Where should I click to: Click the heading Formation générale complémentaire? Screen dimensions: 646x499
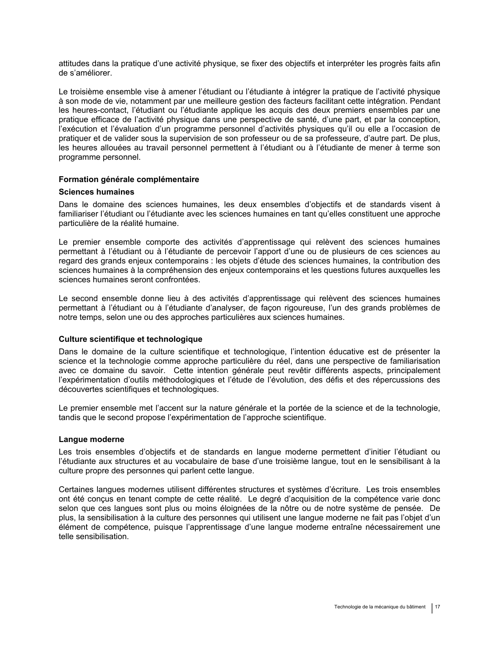coord(129,179)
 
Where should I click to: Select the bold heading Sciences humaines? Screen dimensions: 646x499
coord(96,192)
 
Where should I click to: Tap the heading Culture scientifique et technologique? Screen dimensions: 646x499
coord(130,339)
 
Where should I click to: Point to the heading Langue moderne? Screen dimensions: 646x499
coord(91,439)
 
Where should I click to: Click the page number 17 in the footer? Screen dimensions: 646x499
coord(438,607)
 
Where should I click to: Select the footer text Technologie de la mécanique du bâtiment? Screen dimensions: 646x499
coord(380,607)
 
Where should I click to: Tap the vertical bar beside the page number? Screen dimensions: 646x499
coord(432,608)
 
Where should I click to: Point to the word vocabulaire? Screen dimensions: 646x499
coord(185,461)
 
